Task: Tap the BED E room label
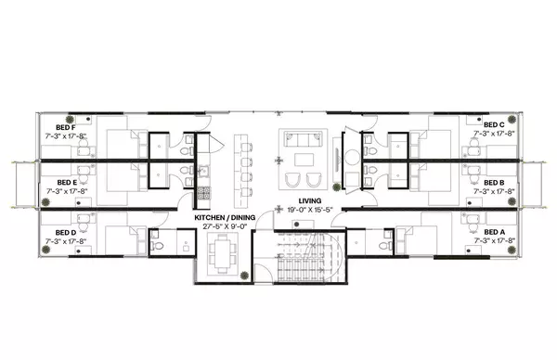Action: click(65, 183)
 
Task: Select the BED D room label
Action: click(65, 232)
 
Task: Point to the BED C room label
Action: click(494, 124)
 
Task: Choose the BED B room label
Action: click(494, 183)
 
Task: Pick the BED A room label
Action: click(494, 232)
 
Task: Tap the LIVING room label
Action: click(310, 201)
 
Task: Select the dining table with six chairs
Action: click(223, 251)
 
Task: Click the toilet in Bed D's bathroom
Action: click(158, 247)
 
